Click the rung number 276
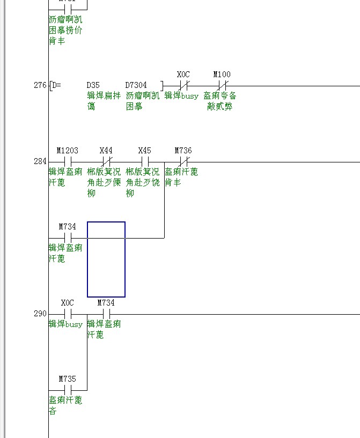coord(40,85)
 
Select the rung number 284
coord(40,161)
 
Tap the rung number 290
coord(40,314)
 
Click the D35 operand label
coord(93,85)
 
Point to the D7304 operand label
coord(136,85)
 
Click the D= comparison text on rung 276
coord(56,85)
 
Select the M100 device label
coord(222,75)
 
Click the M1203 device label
coord(68,151)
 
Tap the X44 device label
coord(106,151)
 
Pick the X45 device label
coord(144,151)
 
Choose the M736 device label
coord(183,151)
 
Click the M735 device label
coord(68,379)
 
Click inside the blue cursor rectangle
coord(106,259)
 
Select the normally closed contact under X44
coord(107,161)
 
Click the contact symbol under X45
coord(145,161)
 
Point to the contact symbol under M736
coord(183,161)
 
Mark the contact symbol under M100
coord(222,85)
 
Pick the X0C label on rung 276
coord(183,75)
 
